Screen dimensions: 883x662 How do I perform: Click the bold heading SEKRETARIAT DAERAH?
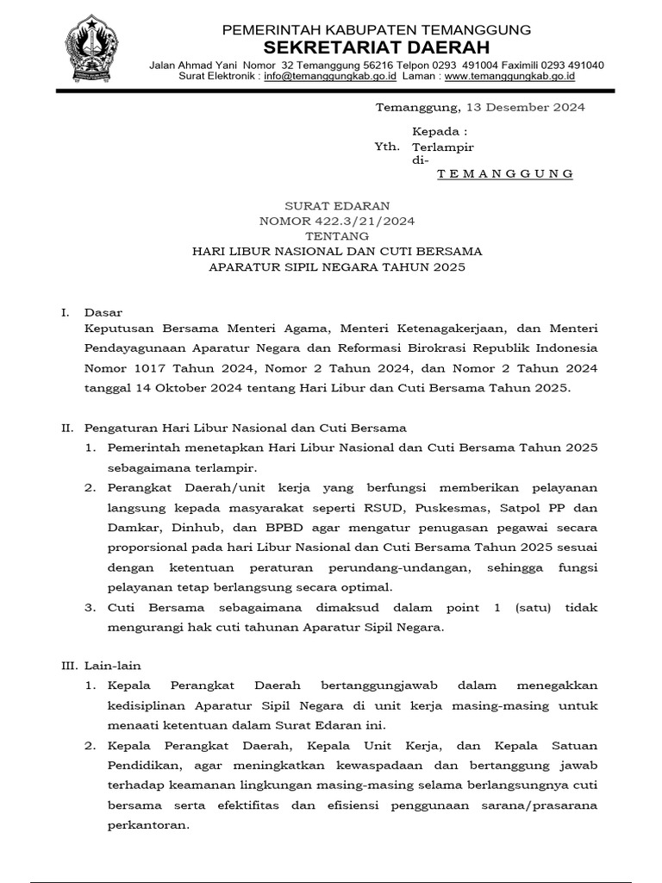pyautogui.click(x=376, y=47)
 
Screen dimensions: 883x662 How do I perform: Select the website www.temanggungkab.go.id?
pyautogui.click(x=509, y=76)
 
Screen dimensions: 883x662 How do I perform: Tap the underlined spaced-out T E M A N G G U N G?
pyautogui.click(x=505, y=174)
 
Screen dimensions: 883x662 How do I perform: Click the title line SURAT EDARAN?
pyautogui.click(x=337, y=206)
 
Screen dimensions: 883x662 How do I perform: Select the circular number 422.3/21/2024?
pyautogui.click(x=366, y=222)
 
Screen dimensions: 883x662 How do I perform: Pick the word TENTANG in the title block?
pyautogui.click(x=337, y=236)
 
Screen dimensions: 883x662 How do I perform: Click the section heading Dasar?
pyautogui.click(x=103, y=312)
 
